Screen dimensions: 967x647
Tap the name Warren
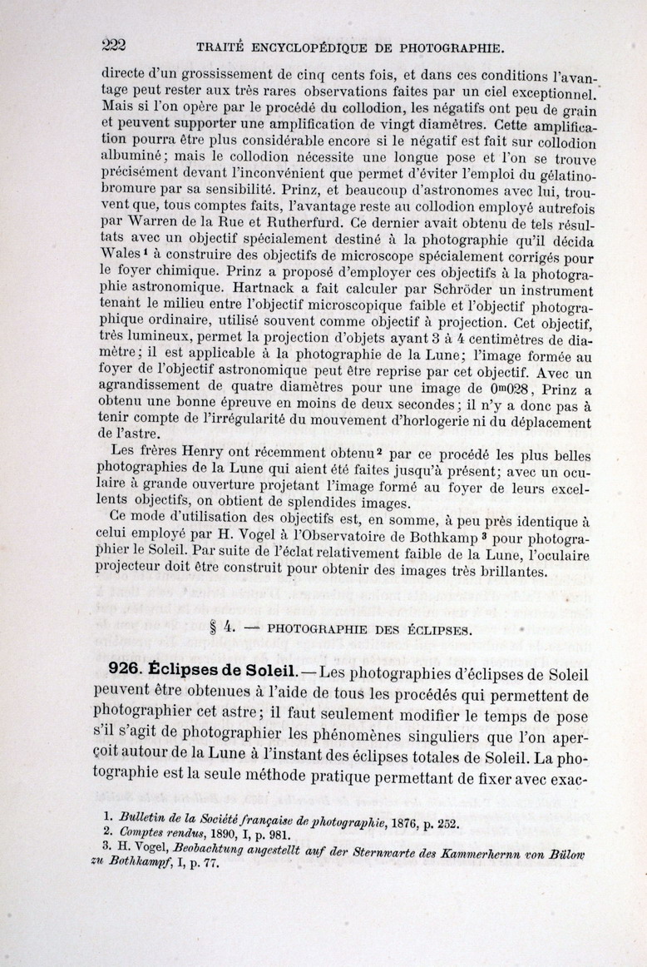pos(153,224)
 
